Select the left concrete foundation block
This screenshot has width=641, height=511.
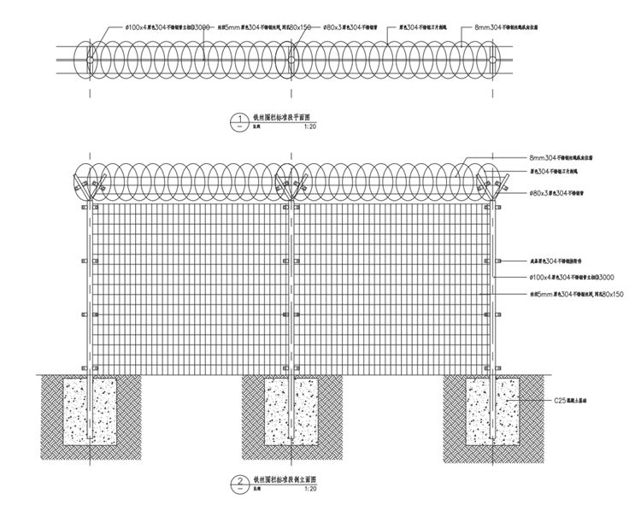pos(89,411)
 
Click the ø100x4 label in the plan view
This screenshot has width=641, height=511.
pos(168,27)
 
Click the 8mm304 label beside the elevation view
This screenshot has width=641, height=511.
pos(561,158)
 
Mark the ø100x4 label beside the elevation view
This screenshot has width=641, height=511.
pos(572,278)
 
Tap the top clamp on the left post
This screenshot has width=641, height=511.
pos(84,208)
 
